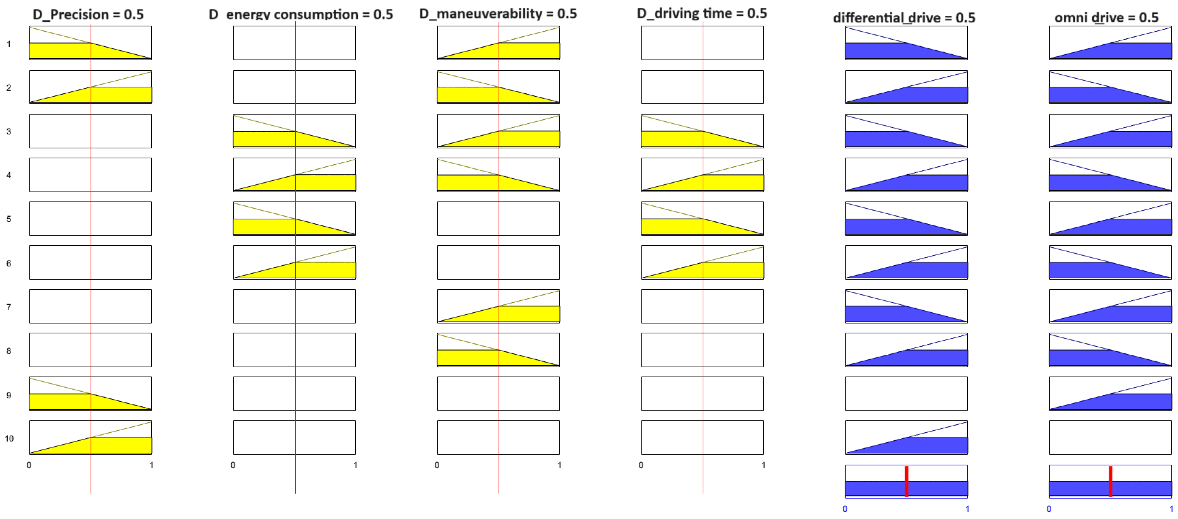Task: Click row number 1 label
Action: tap(9, 44)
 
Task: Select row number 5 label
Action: tap(9, 219)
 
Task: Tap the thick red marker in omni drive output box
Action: tap(1110, 481)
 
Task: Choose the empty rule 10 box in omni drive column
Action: tap(1110, 437)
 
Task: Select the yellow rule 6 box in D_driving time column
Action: tap(702, 262)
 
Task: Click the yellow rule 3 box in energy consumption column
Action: tap(294, 131)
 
